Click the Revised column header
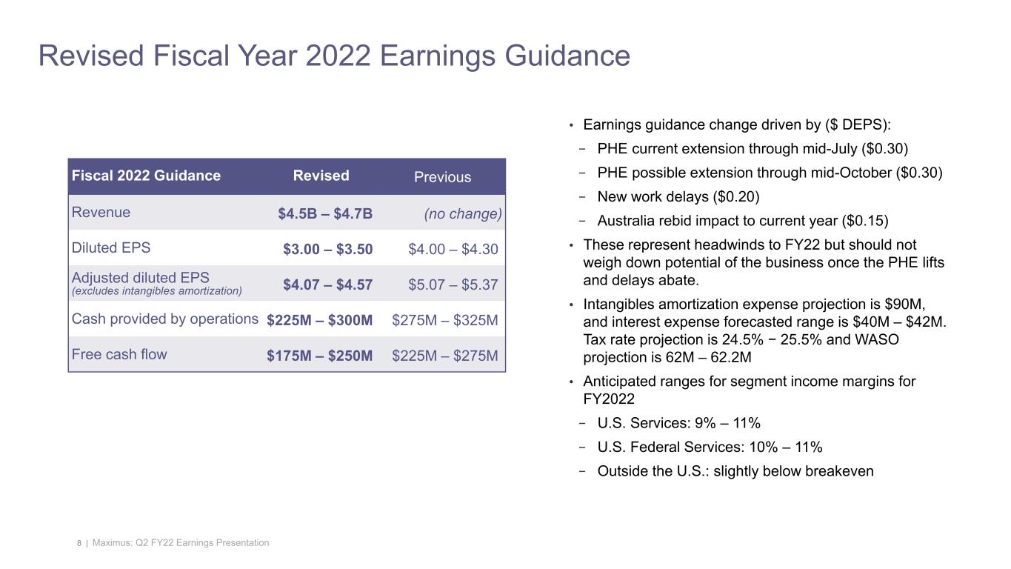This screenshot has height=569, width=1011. coord(321,176)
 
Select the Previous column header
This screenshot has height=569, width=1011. coord(442,177)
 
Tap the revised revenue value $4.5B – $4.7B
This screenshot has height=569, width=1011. coord(325,214)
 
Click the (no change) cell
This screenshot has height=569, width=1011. coord(463,214)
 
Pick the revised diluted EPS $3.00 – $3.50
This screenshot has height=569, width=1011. coord(327,250)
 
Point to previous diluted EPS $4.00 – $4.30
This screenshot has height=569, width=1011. coord(453,250)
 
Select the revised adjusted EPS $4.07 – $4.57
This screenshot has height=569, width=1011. coord(327,284)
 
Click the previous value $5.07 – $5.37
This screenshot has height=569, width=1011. coord(453,284)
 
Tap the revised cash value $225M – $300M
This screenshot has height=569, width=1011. coord(319,320)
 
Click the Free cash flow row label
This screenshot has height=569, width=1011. coord(119,354)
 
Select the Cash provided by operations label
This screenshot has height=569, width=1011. coord(164,319)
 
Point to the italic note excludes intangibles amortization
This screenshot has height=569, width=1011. coord(156,291)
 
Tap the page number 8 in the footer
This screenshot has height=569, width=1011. coord(79,544)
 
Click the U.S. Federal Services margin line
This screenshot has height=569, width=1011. coord(710,447)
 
